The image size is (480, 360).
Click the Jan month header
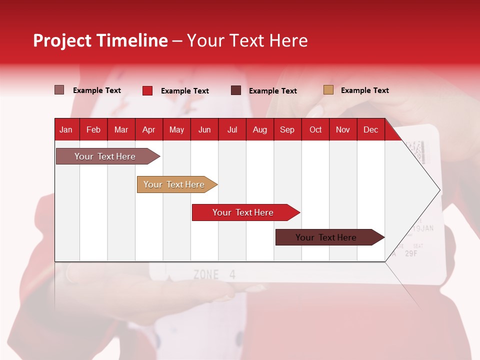[66, 130]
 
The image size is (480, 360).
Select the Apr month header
[148, 130]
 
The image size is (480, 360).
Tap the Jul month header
[232, 130]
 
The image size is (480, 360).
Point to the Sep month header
[287, 130]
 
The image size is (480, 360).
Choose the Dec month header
[370, 130]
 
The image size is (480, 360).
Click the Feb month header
[93, 130]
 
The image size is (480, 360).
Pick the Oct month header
[315, 130]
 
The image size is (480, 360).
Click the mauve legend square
[59, 90]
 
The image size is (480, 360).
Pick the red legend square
[147, 90]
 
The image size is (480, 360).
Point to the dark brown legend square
[236, 90]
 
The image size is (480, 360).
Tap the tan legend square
[328, 90]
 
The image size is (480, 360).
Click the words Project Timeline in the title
[100, 40]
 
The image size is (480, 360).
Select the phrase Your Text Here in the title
[247, 40]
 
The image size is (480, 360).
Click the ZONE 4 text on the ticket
[214, 274]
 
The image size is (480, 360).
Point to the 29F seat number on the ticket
[411, 253]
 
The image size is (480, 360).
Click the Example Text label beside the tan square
[364, 90]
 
